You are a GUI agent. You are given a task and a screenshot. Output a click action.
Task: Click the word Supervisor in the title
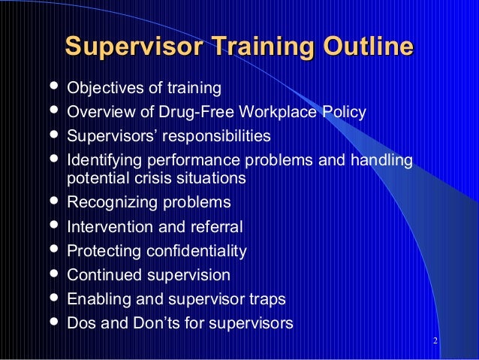point(129,47)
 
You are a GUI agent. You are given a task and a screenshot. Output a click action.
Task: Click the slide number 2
point(436,343)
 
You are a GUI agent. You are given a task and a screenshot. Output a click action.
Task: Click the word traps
point(268,299)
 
